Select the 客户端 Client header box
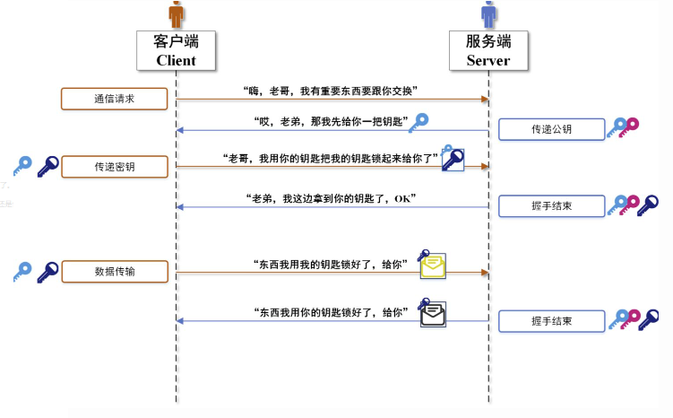click(x=176, y=50)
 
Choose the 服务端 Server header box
click(x=488, y=50)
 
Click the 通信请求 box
click(x=114, y=99)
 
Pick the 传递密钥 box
click(x=114, y=167)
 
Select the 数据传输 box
click(x=114, y=271)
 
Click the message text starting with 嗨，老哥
click(x=331, y=91)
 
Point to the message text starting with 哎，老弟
click(x=331, y=121)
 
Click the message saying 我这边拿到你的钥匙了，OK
click(x=331, y=197)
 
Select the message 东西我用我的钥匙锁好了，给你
click(x=331, y=264)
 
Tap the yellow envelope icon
click(x=434, y=264)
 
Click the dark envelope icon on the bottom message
click(x=434, y=312)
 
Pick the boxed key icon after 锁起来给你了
click(x=453, y=160)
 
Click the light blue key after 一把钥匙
click(x=418, y=123)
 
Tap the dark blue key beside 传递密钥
click(x=47, y=166)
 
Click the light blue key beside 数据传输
click(x=22, y=271)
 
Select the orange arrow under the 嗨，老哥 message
click(x=331, y=100)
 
